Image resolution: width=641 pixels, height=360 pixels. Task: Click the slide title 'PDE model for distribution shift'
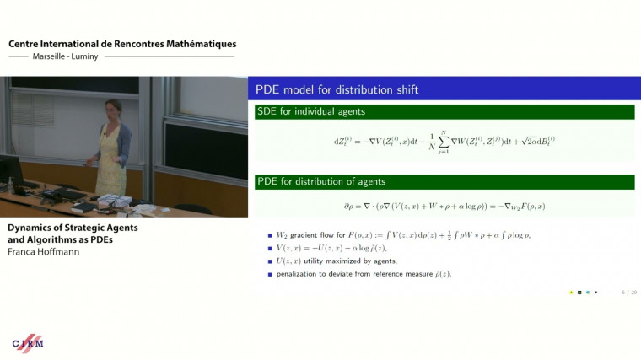tap(337, 89)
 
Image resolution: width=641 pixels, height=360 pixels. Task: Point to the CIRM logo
tap(28, 342)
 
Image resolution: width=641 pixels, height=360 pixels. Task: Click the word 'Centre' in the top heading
tap(26, 44)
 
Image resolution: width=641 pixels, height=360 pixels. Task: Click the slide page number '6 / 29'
tap(629, 292)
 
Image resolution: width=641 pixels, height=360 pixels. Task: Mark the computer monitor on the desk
tap(11, 170)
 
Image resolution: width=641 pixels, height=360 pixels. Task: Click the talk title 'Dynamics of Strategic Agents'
tap(73, 228)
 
